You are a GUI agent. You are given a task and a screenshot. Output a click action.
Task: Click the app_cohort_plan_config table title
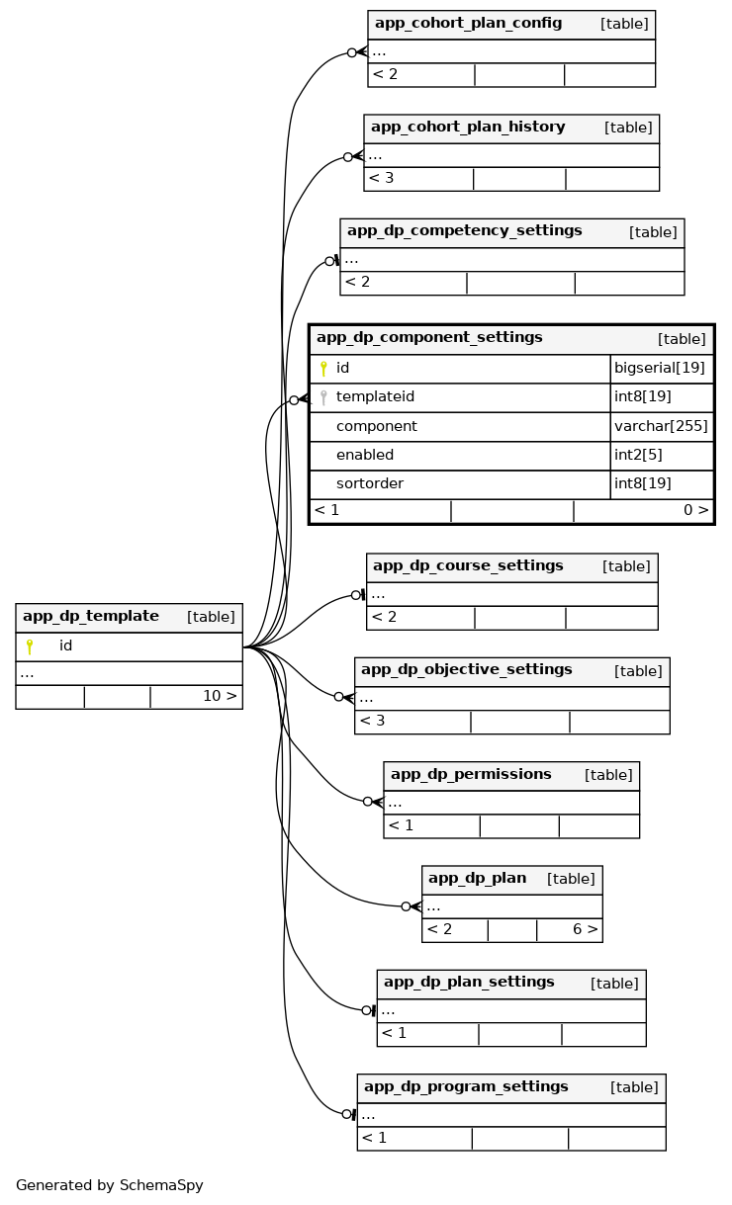(x=468, y=24)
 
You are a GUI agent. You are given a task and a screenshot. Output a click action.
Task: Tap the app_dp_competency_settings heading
(x=464, y=231)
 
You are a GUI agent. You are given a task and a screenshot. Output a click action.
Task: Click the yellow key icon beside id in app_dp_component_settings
(x=323, y=369)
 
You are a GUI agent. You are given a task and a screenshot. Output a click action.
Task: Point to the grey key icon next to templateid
(x=323, y=397)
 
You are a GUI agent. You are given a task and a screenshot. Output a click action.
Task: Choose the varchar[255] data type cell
(x=661, y=426)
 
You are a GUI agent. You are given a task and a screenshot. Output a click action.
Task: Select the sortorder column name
(x=369, y=484)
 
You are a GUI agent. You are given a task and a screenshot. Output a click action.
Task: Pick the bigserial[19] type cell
(x=659, y=369)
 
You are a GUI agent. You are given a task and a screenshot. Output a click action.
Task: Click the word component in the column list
(x=376, y=426)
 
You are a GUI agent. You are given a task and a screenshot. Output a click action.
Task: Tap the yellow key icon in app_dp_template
(x=30, y=646)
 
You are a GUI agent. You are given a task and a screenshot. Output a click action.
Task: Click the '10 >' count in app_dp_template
(x=220, y=696)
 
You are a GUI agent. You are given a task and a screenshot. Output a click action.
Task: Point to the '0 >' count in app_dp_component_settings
(x=695, y=511)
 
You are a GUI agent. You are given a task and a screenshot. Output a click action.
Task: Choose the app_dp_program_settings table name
(x=466, y=1087)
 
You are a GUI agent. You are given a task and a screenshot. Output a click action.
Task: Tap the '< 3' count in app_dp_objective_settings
(x=372, y=721)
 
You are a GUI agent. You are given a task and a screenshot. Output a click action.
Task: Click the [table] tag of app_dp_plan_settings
(x=614, y=984)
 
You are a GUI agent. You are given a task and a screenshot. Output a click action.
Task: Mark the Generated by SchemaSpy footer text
(x=109, y=1185)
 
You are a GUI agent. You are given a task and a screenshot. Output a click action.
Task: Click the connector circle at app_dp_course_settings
(x=355, y=595)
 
